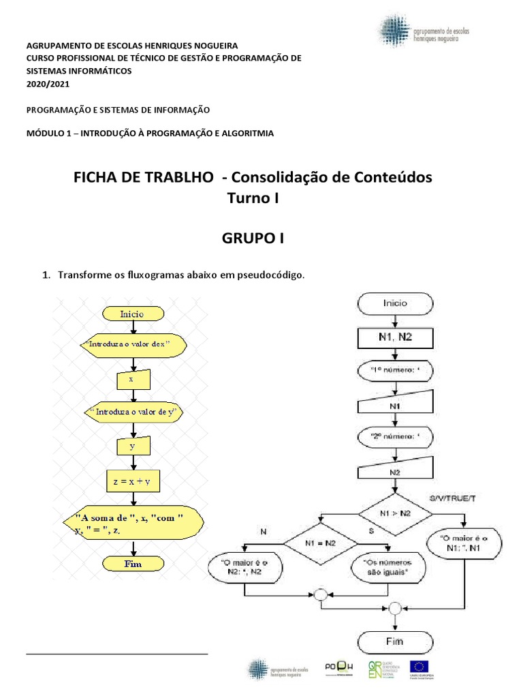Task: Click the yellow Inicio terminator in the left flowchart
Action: (132, 314)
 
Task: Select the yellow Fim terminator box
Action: (132, 564)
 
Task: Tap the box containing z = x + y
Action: (132, 481)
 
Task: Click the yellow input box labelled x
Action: (132, 379)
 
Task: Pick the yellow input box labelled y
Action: (132, 446)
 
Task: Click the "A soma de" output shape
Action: (132, 522)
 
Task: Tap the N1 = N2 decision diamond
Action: (319, 544)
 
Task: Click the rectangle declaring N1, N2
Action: (395, 337)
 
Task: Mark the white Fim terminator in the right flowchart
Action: (395, 641)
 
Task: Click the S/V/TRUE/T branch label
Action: (454, 498)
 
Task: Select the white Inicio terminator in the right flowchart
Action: (395, 303)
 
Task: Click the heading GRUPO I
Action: (253, 239)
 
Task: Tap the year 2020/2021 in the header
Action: (48, 84)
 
